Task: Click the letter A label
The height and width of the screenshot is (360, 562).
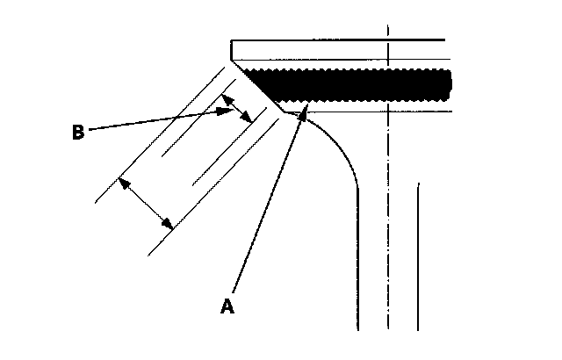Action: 227,306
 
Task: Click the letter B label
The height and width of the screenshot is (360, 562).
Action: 77,133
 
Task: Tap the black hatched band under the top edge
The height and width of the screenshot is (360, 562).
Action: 351,85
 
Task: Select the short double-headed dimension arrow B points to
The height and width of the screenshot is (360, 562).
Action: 236,109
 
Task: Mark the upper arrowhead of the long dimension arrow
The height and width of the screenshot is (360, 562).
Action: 124,183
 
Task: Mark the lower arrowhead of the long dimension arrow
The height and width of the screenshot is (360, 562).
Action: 168,225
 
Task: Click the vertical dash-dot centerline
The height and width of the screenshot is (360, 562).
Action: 387,220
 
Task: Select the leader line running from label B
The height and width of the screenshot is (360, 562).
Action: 158,120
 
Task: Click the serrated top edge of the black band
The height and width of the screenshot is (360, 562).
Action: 351,70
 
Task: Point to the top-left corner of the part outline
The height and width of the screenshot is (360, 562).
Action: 231,41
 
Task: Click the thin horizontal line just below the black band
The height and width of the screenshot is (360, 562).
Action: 369,112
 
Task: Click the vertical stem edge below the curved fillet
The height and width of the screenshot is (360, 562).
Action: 358,263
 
